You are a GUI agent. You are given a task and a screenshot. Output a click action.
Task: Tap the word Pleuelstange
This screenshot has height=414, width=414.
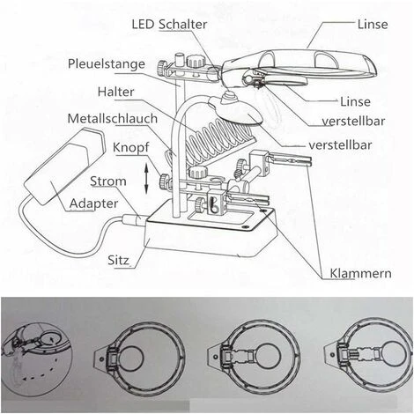point(107,63)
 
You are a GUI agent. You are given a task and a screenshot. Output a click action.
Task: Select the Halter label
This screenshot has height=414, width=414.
point(116,92)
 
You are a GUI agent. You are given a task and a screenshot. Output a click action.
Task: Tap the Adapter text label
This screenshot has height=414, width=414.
point(94,204)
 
